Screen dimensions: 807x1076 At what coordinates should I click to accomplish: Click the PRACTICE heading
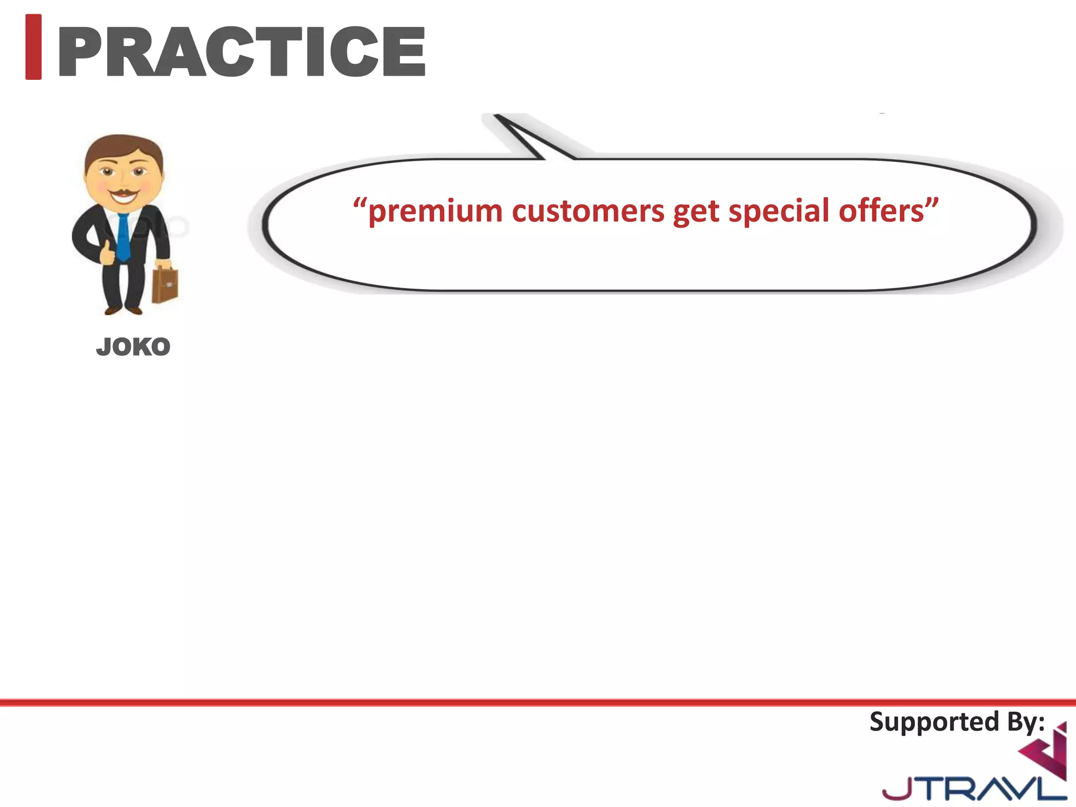click(242, 51)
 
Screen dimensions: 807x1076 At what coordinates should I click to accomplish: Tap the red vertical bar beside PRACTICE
click(33, 47)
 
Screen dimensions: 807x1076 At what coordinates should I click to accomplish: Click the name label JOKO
click(133, 347)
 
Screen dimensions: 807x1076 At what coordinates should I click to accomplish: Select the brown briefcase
click(165, 285)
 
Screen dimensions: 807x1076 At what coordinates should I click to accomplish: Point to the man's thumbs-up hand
click(108, 254)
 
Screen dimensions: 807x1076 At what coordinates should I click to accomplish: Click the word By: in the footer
click(1026, 722)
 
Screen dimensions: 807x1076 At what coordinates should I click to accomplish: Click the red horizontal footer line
click(538, 702)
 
